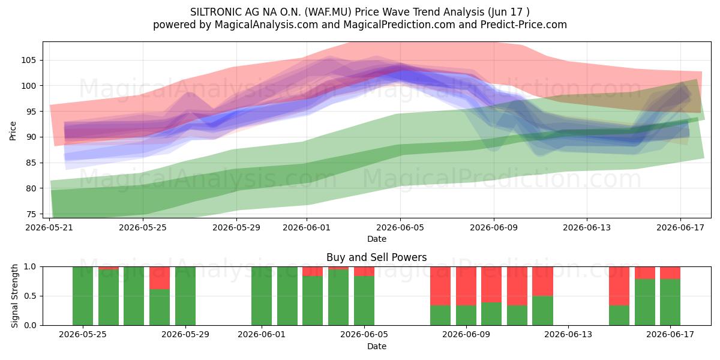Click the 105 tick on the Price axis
click(29, 61)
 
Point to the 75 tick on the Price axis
click(31, 214)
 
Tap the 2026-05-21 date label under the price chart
click(49, 227)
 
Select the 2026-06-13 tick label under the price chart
click(587, 227)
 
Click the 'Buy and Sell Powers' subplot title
click(376, 257)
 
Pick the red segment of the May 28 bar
click(160, 278)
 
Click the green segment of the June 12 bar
click(542, 311)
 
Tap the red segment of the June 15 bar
click(619, 286)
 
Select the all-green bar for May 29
click(185, 296)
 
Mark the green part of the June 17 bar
click(670, 302)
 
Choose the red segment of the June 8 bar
click(440, 286)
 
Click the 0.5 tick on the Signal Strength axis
click(30, 296)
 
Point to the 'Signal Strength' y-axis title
click(14, 296)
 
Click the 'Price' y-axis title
click(13, 131)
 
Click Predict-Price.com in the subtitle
click(524, 25)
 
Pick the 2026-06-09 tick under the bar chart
click(466, 335)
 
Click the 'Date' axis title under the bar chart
click(377, 346)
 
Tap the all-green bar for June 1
click(262, 296)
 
